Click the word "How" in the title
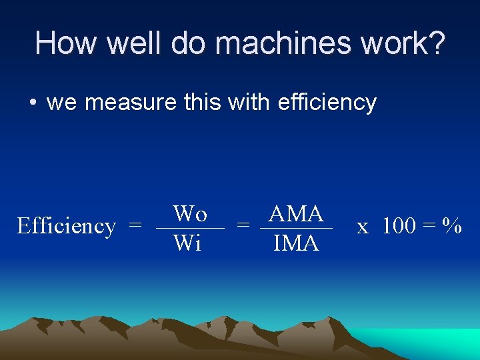click(64, 43)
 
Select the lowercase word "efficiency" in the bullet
click(327, 103)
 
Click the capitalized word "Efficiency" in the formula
click(66, 226)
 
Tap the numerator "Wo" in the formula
click(190, 214)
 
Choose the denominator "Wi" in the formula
click(187, 243)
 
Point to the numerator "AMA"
click(296, 214)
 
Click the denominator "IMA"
click(296, 243)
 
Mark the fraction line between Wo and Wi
click(190, 229)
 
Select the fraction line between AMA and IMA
click(296, 229)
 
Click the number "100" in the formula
click(399, 226)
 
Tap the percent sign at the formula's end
click(454, 226)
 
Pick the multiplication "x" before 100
click(363, 227)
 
